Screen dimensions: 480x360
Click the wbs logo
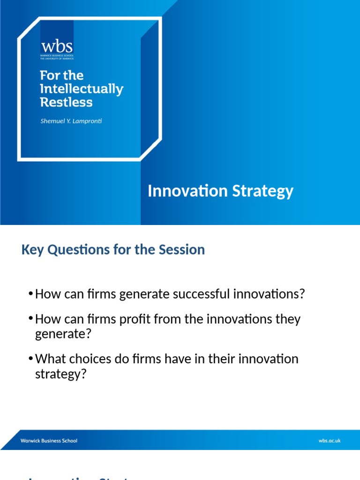click(57, 48)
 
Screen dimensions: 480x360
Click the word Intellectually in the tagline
click(82, 89)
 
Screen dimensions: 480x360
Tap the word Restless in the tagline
click(66, 102)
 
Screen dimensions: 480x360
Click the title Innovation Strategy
click(220, 191)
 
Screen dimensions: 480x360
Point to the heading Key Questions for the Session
click(113, 249)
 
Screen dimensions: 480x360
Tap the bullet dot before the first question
click(30, 294)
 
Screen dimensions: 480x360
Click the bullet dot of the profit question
click(30, 319)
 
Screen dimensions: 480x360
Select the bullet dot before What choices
click(30, 359)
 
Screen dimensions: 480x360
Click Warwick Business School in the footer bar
click(49, 441)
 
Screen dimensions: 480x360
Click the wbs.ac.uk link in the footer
click(329, 441)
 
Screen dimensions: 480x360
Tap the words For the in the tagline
click(61, 75)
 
